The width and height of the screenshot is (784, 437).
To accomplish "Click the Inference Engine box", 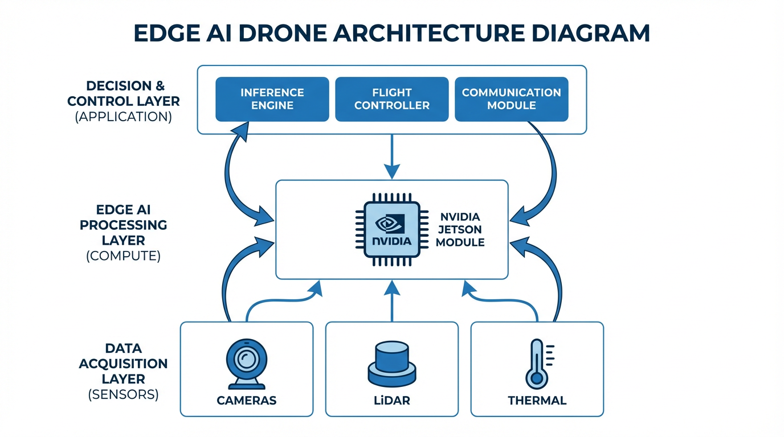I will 272,99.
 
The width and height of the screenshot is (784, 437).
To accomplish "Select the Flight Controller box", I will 392,99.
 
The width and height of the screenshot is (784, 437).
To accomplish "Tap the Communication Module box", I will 511,99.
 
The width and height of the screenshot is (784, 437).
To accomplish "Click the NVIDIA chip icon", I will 391,229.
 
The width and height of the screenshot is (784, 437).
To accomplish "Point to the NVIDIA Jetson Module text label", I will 461,229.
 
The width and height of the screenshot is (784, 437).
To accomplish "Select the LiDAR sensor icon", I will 391,364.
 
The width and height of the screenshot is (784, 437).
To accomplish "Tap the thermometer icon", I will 536,364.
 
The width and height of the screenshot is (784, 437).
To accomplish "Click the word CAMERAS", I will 246,401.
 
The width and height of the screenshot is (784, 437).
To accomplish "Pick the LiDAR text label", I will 391,401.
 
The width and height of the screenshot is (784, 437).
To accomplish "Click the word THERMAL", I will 537,401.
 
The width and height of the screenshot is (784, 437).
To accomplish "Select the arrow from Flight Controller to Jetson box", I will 391,156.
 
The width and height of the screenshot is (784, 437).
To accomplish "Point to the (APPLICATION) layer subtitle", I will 124,117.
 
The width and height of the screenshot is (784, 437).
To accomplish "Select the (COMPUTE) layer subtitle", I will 124,255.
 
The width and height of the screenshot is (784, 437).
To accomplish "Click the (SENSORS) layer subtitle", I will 124,394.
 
